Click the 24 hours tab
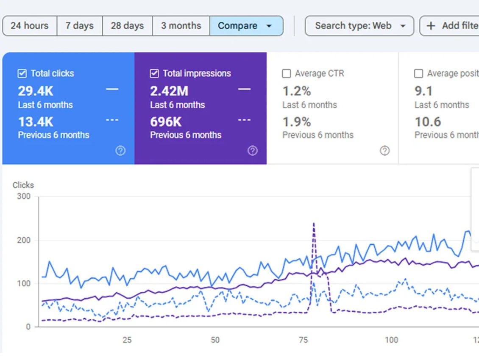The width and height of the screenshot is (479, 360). pyautogui.click(x=29, y=26)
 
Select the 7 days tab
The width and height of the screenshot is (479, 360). pyautogui.click(x=79, y=26)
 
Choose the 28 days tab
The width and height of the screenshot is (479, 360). pyautogui.click(x=127, y=26)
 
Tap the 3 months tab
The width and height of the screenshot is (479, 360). pyautogui.click(x=181, y=26)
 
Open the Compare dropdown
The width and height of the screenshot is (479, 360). pyautogui.click(x=246, y=26)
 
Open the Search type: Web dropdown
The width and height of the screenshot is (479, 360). pyautogui.click(x=359, y=26)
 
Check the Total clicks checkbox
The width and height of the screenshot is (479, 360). pyautogui.click(x=22, y=74)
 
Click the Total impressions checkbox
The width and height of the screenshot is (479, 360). pyautogui.click(x=154, y=74)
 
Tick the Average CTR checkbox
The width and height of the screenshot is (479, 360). pyautogui.click(x=287, y=74)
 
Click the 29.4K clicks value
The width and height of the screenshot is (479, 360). pyautogui.click(x=36, y=91)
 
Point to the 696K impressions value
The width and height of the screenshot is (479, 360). pyautogui.click(x=166, y=122)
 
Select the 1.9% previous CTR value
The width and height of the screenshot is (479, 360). pyautogui.click(x=297, y=122)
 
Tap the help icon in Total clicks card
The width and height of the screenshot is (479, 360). pyautogui.click(x=120, y=151)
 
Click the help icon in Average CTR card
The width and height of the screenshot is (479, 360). pyautogui.click(x=384, y=151)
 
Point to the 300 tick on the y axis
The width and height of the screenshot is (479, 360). pyautogui.click(x=24, y=197)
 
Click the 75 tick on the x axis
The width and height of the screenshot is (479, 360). pyautogui.click(x=303, y=340)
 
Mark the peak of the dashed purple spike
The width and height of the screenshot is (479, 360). pyautogui.click(x=314, y=223)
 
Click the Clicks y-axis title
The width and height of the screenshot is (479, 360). pyautogui.click(x=23, y=185)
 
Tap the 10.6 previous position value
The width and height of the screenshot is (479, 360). pyautogui.click(x=428, y=122)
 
